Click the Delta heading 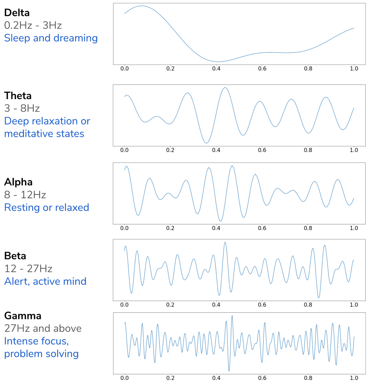pyautogui.click(x=17, y=13)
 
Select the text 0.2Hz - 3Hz pyautogui.click(x=33, y=25)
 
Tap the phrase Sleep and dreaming pyautogui.click(x=51, y=38)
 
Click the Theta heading pyautogui.click(x=18, y=96)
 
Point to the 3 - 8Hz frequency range pyautogui.click(x=22, y=108)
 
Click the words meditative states pyautogui.click(x=44, y=134)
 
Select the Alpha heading pyautogui.click(x=18, y=182)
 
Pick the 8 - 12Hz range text pyautogui.click(x=25, y=195)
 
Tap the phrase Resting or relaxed pyautogui.click(x=47, y=208)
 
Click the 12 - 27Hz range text pyautogui.click(x=28, y=269)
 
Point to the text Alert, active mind pyautogui.click(x=45, y=281)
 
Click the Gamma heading pyautogui.click(x=23, y=316)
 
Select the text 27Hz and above pyautogui.click(x=43, y=328)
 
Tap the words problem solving pyautogui.click(x=41, y=353)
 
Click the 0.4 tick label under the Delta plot pyautogui.click(x=216, y=69)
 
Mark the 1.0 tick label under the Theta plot pyautogui.click(x=354, y=150)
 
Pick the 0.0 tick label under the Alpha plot pyautogui.click(x=124, y=228)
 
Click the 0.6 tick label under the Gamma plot pyautogui.click(x=262, y=378)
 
